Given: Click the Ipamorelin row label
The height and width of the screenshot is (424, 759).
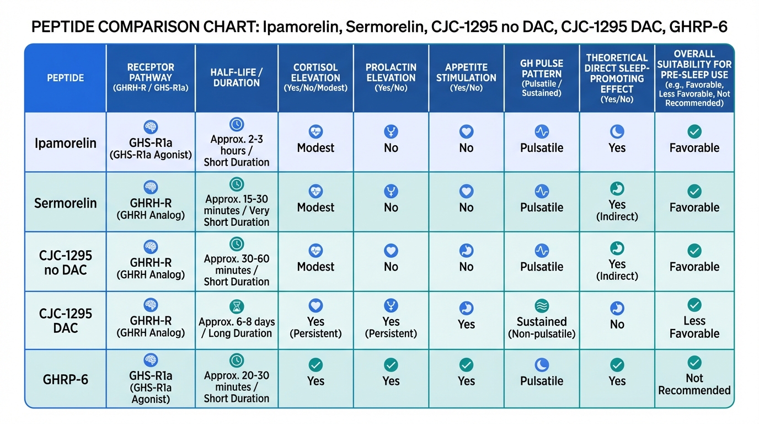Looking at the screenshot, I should [65, 143].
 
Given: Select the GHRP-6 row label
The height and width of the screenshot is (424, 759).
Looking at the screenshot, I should [65, 380].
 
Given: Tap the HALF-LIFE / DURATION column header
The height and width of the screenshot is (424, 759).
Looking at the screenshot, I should [236, 78].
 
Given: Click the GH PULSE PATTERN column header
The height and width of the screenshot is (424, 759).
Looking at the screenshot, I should [541, 78].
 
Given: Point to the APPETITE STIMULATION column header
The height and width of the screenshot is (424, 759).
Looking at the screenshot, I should [466, 78].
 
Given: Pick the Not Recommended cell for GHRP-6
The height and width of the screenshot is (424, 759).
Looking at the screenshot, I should [694, 384].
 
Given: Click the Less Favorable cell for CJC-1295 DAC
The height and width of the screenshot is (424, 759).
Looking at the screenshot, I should [694, 327].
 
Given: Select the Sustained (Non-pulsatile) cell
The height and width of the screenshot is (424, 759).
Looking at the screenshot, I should [541, 327].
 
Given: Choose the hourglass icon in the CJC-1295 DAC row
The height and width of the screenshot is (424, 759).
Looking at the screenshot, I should [236, 307].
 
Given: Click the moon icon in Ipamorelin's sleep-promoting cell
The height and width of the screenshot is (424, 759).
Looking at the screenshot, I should [617, 131].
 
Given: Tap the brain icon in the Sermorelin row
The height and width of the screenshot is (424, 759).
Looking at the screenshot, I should [151, 187].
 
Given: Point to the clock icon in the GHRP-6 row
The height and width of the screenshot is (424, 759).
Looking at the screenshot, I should [236, 361].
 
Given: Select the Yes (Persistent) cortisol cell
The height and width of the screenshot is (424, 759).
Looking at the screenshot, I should [316, 327].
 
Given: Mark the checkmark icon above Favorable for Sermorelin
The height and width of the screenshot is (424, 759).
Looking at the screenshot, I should [694, 191].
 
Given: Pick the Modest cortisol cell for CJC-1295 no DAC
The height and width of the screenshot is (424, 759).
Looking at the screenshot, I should [316, 267].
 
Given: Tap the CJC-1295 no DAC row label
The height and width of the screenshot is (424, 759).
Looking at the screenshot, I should [65, 263].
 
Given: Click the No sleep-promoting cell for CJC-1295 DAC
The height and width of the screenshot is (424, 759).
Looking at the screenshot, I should [617, 325].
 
